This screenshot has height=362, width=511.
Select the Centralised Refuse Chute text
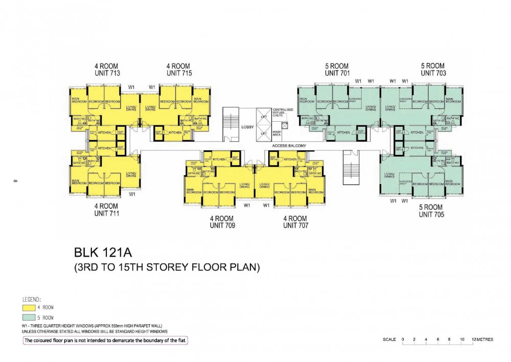coord(282,112)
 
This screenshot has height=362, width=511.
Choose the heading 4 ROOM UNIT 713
coord(107,70)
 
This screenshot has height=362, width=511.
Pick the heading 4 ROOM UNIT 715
coord(179,70)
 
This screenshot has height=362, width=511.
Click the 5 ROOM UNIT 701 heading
coord(337,70)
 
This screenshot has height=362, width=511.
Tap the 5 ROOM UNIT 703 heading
coord(433,69)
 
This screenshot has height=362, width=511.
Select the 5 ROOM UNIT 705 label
coord(431,211)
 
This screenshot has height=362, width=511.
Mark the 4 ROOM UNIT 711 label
coord(107,210)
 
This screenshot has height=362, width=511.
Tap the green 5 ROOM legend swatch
coord(29,318)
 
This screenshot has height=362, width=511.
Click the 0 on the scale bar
coord(403,340)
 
